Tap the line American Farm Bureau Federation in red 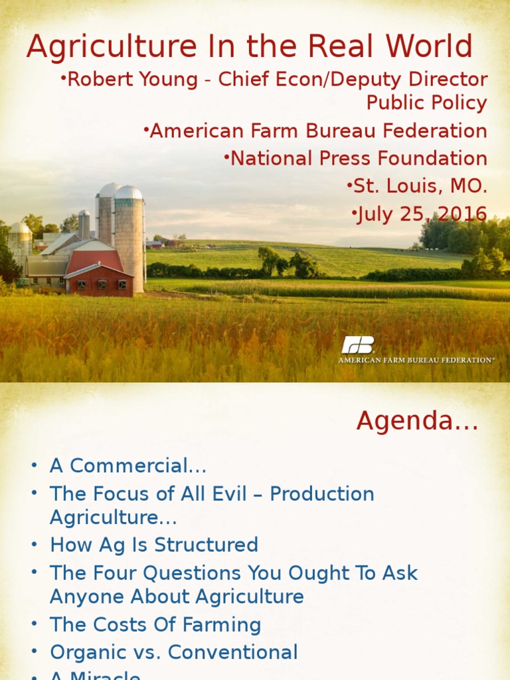pyautogui.click(x=318, y=131)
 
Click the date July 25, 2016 pyautogui.click(x=422, y=214)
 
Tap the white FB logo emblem pyautogui.click(x=358, y=345)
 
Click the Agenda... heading pyautogui.click(x=417, y=420)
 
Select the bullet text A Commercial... pyautogui.click(x=128, y=466)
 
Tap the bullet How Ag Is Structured pyautogui.click(x=154, y=545)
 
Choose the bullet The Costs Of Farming pyautogui.click(x=155, y=625)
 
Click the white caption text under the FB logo pyautogui.click(x=416, y=360)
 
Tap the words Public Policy pyautogui.click(x=427, y=103)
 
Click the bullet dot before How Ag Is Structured pyautogui.click(x=34, y=546)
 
